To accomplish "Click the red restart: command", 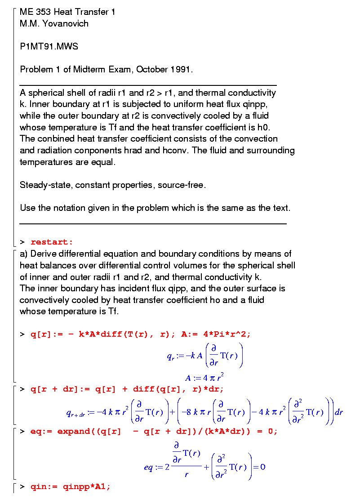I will tap(52, 242).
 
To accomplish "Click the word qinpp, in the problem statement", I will tap(255, 104).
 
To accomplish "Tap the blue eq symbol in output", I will tap(148, 468).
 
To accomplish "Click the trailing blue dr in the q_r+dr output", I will tap(338, 412).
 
